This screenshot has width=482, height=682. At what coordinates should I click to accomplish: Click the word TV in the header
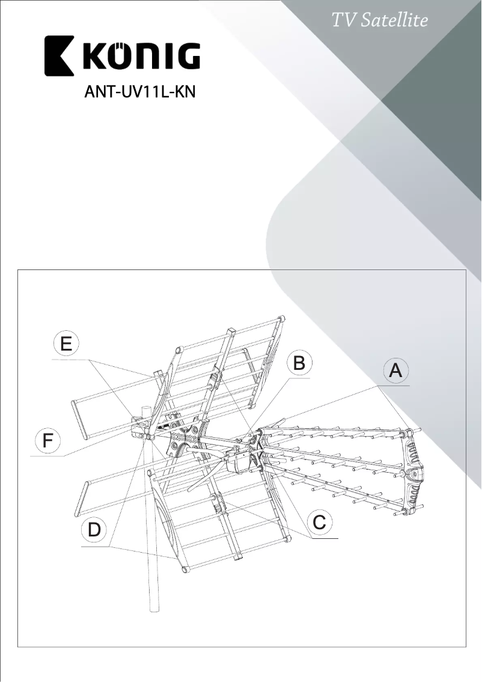344,20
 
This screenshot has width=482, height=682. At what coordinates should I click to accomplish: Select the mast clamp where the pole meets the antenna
143,427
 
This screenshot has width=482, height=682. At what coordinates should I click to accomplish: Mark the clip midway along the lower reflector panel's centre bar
216,500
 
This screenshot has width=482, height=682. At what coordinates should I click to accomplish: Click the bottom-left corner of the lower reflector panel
185,567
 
